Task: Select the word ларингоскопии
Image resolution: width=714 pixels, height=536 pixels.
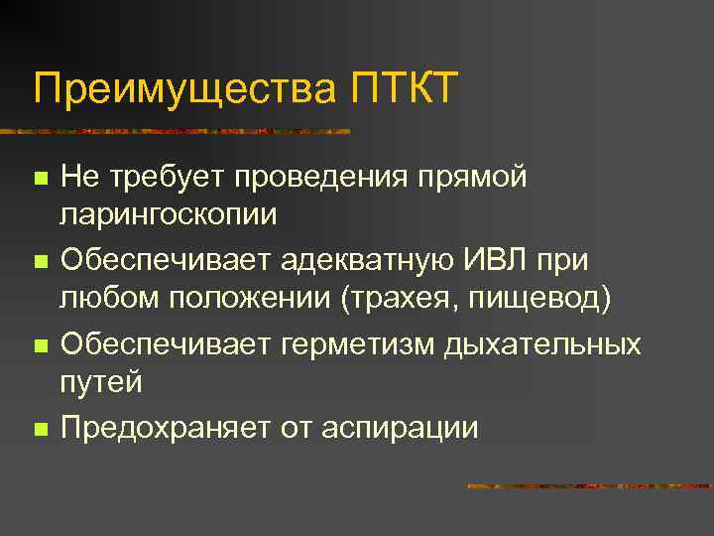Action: click(x=170, y=215)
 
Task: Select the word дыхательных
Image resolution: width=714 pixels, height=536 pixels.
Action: click(x=542, y=344)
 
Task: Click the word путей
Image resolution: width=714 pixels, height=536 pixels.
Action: click(x=102, y=382)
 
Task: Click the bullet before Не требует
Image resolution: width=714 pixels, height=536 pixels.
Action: click(x=39, y=180)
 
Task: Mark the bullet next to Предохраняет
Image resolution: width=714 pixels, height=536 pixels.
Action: click(x=39, y=430)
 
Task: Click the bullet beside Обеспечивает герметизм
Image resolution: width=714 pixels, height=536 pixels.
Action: click(x=39, y=347)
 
